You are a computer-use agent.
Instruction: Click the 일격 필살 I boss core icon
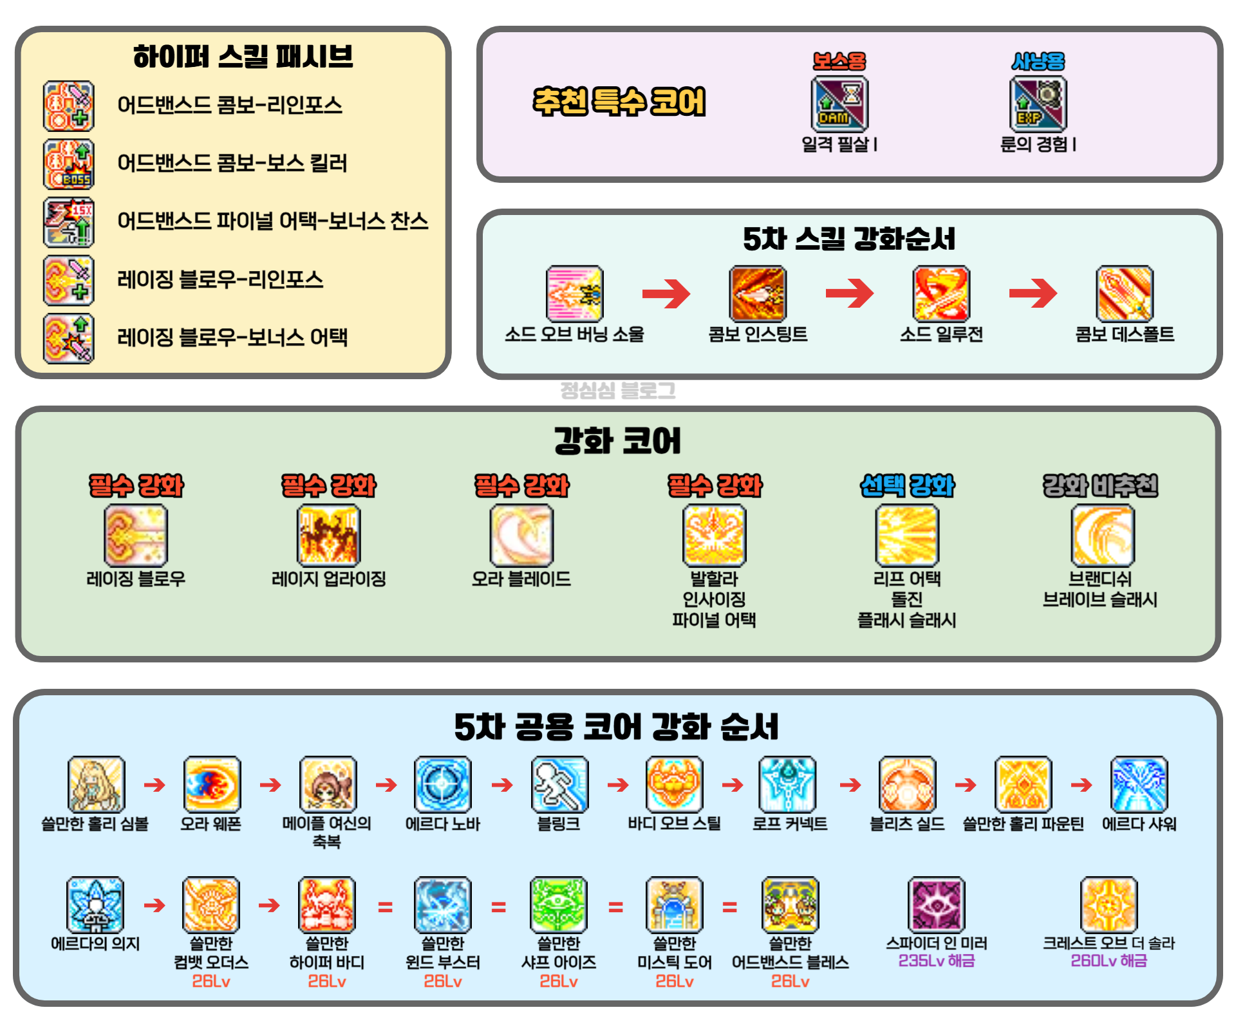[x=839, y=104]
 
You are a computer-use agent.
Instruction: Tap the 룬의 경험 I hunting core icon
[x=1038, y=104]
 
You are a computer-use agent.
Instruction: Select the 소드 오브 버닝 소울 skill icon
[x=574, y=294]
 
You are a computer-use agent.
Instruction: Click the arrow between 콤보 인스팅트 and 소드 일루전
[x=849, y=294]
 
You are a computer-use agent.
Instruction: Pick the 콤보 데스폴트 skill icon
[x=1124, y=294]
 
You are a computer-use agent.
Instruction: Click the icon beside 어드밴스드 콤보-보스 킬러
[x=69, y=164]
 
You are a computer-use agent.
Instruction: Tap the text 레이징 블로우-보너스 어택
[x=232, y=337]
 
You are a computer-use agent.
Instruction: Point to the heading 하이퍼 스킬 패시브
[x=243, y=57]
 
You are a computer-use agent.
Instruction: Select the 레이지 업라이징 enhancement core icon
[x=328, y=536]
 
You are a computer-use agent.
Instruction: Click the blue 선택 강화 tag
[x=907, y=485]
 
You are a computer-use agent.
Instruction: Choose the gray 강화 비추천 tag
[x=1100, y=485]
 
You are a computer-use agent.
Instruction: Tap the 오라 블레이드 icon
[x=521, y=536]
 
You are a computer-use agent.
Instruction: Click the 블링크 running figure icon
[x=559, y=784]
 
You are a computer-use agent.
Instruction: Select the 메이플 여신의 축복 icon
[x=328, y=784]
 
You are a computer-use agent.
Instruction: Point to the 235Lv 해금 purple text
[x=937, y=960]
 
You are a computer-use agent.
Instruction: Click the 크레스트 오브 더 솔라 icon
[x=1109, y=904]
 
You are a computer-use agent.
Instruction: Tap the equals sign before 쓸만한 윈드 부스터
[x=385, y=907]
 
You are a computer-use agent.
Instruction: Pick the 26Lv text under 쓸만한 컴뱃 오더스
[x=211, y=981]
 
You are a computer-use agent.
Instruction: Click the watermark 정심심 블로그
[x=618, y=390]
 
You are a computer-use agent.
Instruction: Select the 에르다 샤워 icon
[x=1139, y=784]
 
